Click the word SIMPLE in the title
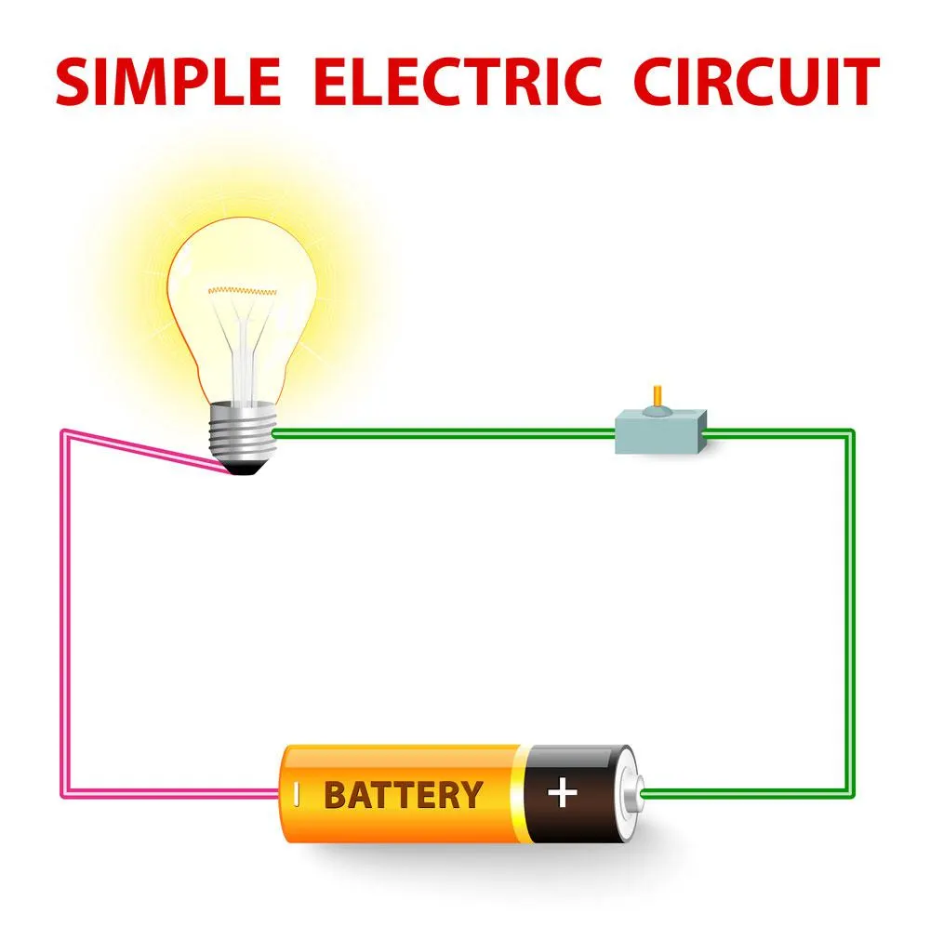[x=167, y=81]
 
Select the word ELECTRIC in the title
[x=458, y=81]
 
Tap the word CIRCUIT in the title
[x=756, y=81]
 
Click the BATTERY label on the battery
[x=404, y=795]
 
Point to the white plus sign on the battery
[x=563, y=793]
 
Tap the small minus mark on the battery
[x=297, y=795]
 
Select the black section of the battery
[x=576, y=793]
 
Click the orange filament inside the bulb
[x=242, y=291]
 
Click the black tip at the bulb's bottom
[x=243, y=469]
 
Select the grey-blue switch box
[x=660, y=431]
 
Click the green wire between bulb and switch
[x=444, y=433]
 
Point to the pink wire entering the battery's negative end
[x=172, y=793]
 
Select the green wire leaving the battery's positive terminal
[x=746, y=793]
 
